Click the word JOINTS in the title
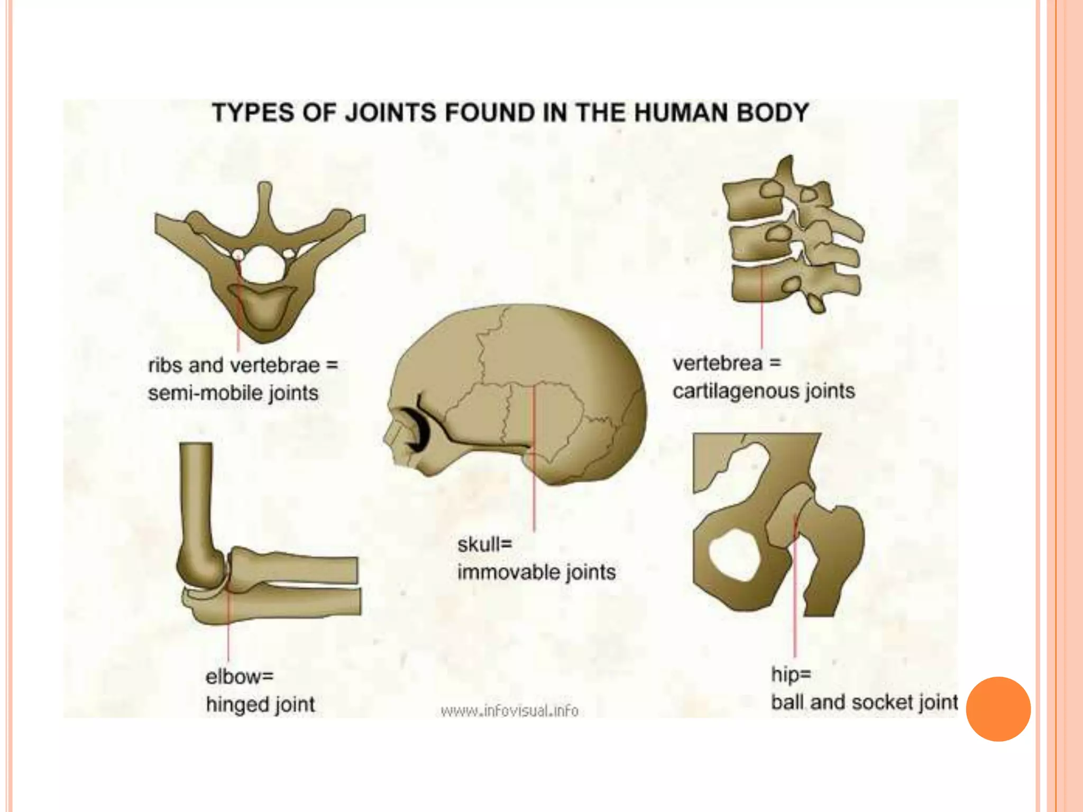pyautogui.click(x=391, y=113)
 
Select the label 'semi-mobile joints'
pyautogui.click(x=233, y=393)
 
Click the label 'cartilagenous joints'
pyautogui.click(x=764, y=391)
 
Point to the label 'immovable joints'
pyautogui.click(x=536, y=572)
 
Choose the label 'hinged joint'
pyautogui.click(x=260, y=704)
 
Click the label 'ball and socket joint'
pyautogui.click(x=864, y=702)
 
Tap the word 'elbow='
pyautogui.click(x=240, y=676)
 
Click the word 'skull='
pyautogui.click(x=485, y=544)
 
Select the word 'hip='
pyautogui.click(x=791, y=674)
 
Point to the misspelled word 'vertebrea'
pyautogui.click(x=717, y=363)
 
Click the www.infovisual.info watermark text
pyautogui.click(x=510, y=711)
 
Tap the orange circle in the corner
pyautogui.click(x=998, y=709)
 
